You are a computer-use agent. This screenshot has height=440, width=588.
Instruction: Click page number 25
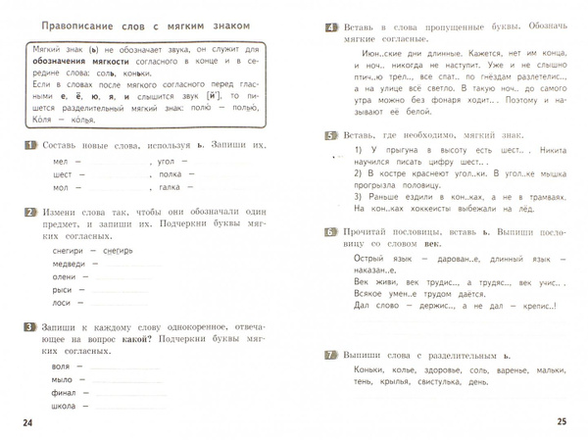coord(563,421)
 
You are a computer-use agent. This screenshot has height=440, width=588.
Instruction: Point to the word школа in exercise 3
coord(61,406)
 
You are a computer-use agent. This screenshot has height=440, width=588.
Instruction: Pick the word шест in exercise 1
coord(59,175)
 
